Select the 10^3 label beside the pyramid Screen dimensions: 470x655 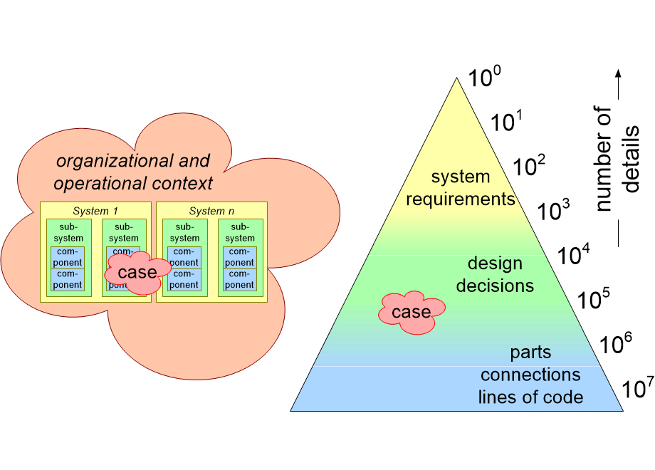click(553, 210)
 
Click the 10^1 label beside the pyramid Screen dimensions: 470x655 click(508, 122)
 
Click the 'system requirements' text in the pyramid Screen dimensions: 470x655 click(461, 188)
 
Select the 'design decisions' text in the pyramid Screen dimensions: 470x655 click(495, 275)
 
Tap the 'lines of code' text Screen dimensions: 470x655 click(530, 397)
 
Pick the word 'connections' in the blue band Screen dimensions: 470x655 click(530, 375)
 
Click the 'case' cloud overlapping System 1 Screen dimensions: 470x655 click(137, 272)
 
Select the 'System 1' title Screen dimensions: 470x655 click(95, 211)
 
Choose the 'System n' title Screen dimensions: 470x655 click(211, 211)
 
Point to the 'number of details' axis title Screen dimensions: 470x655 click(617, 160)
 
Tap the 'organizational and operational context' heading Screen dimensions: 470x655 click(133, 172)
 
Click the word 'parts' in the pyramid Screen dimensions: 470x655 click(530, 352)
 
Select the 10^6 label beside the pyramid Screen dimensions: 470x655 click(616, 345)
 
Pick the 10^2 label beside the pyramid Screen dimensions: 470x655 click(530, 166)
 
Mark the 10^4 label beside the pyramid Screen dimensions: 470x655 click(574, 255)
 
